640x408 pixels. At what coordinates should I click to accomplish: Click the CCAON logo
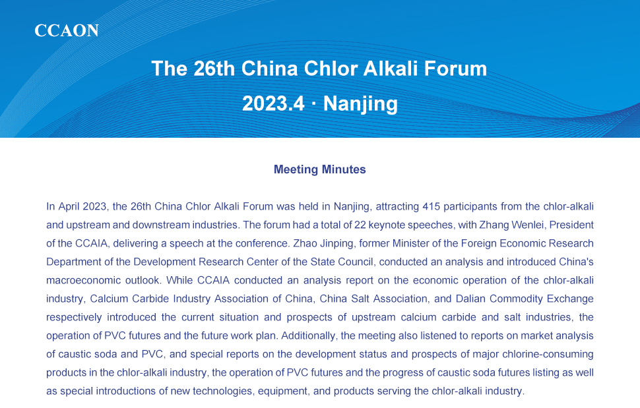67,30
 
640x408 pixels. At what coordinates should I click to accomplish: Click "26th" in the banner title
214,69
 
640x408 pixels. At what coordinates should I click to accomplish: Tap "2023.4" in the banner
273,103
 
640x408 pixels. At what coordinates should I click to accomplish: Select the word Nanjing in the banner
360,104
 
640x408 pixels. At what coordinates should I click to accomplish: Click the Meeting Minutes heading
319,169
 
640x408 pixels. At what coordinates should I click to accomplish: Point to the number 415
431,206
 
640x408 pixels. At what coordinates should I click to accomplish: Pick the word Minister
408,243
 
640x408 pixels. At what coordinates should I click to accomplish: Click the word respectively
74,318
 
